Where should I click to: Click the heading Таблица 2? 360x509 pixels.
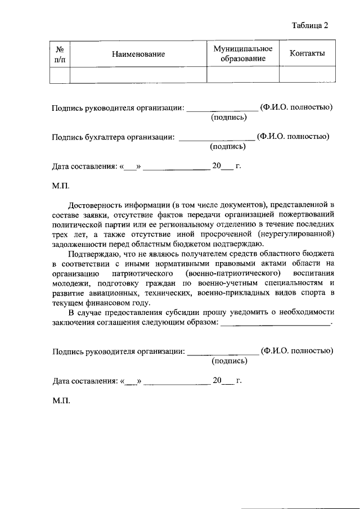coord(309,25)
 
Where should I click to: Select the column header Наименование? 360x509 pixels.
coord(138,55)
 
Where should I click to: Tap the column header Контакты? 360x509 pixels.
coord(307,53)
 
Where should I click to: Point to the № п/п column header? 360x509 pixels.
coord(59,55)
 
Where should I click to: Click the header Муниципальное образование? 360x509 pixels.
coord(243,54)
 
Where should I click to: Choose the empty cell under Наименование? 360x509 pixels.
coord(138,74)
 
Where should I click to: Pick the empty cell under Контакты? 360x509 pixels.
coord(307,74)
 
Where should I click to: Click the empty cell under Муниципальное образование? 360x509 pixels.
coord(243,74)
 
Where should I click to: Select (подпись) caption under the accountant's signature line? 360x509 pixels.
coord(227,147)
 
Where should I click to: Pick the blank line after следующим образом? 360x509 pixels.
coord(275,323)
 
